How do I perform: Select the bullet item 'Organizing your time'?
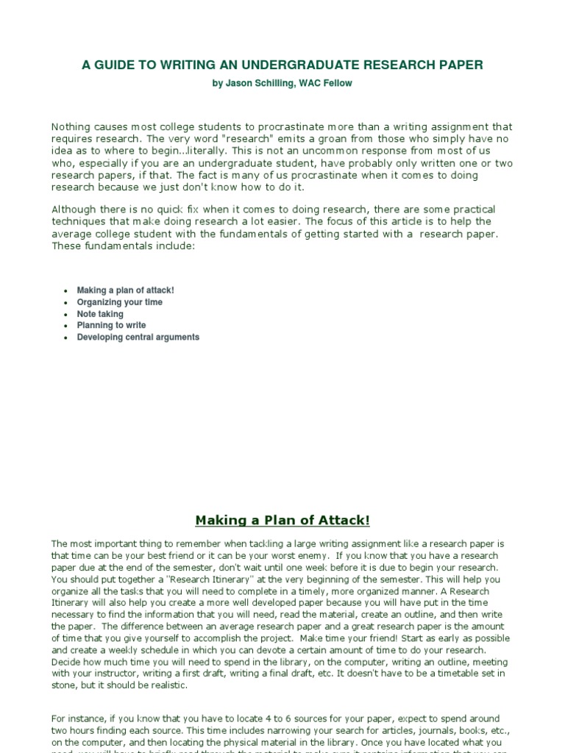coord(120,302)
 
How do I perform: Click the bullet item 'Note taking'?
coord(100,314)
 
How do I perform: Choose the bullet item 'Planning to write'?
coord(111,325)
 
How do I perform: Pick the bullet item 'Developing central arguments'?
coord(138,337)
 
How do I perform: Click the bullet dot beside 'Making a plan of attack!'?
coord(66,291)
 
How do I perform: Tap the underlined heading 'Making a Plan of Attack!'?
coord(282,521)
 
